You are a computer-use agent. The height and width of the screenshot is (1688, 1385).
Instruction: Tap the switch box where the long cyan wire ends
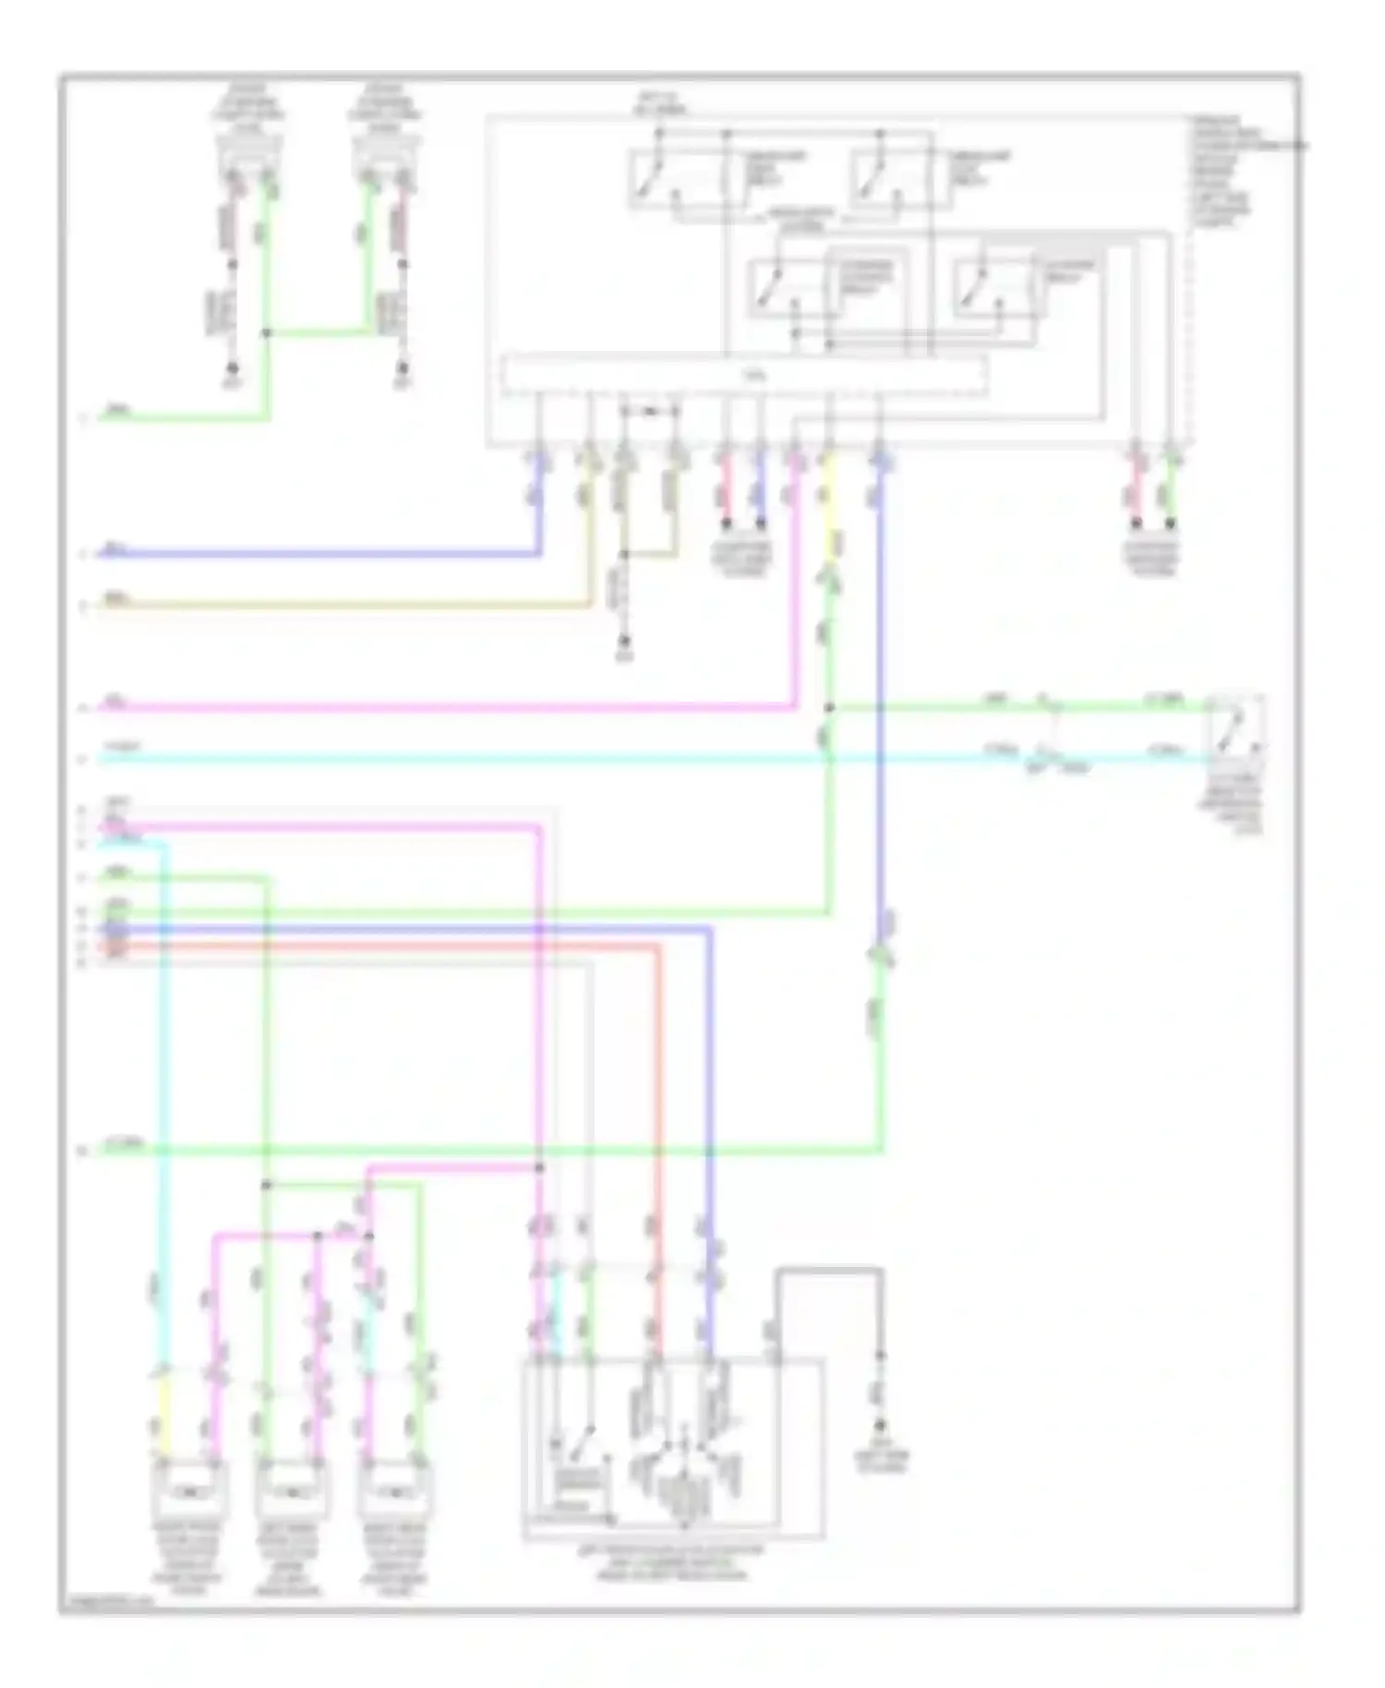(1238, 729)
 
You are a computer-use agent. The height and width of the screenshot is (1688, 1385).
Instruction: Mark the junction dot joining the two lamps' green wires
(268, 332)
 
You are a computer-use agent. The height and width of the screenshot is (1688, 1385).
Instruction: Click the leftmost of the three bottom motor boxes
(189, 1489)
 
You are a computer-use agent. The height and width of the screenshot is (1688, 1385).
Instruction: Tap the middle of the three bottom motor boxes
(291, 1489)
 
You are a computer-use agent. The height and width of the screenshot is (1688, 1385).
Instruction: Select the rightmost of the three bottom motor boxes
(393, 1489)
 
